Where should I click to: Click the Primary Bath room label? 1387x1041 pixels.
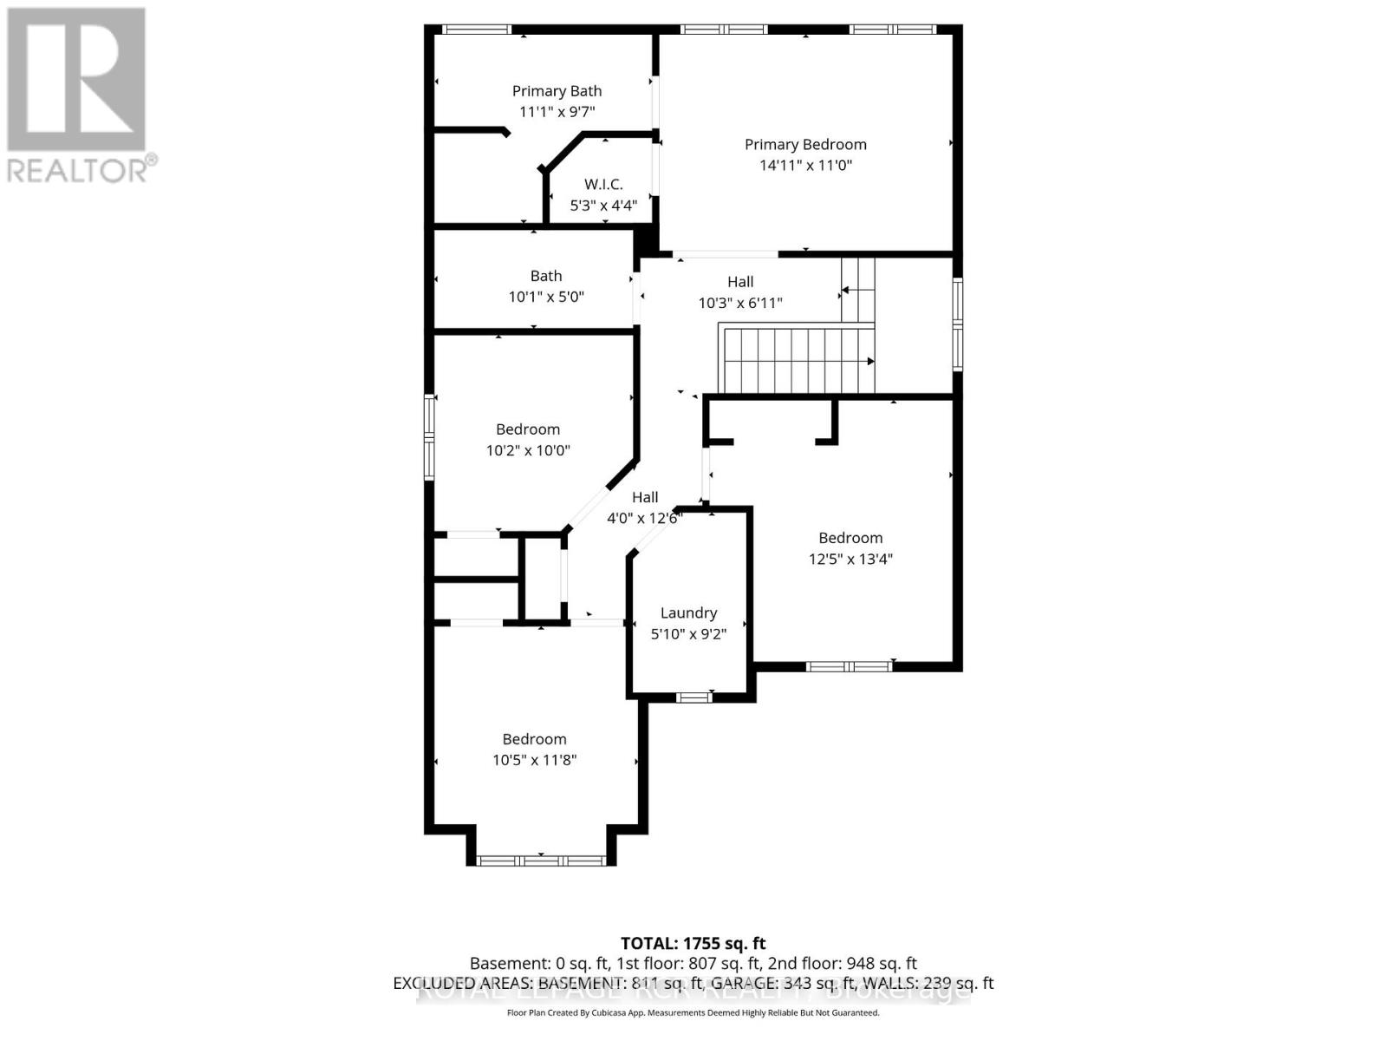coord(557,91)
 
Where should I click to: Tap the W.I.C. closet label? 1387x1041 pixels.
coord(603,184)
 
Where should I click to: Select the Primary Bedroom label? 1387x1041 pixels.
coord(805,145)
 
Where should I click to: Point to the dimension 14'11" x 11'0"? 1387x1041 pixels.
coord(805,166)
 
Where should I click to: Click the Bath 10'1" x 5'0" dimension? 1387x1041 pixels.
coord(546,297)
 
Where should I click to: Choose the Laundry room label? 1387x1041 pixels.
coord(688,613)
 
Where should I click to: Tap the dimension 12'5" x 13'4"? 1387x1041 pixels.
coord(850,560)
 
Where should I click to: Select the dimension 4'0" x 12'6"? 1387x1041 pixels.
coord(644,519)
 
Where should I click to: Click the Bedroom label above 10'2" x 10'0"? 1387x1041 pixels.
coord(528,429)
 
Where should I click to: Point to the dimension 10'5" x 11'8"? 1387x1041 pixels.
coord(534,760)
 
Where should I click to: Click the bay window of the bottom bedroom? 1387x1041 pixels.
coord(541,861)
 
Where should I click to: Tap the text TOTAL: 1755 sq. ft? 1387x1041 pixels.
coord(693,943)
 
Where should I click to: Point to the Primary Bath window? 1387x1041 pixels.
coord(477,29)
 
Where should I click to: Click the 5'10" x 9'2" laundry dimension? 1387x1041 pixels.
coord(688,634)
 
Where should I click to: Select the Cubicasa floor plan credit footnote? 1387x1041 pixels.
coord(693,1012)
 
